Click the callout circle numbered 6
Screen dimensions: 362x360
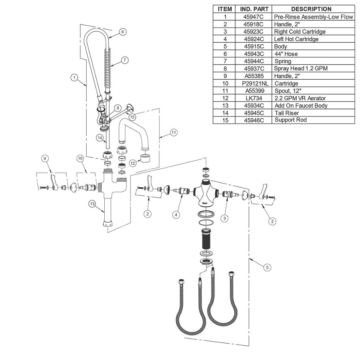(x=122, y=32)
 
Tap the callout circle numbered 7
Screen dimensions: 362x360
(x=124, y=60)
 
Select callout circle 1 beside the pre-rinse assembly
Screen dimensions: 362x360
(x=74, y=77)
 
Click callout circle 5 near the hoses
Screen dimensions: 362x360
(x=267, y=268)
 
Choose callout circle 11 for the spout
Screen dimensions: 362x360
(x=174, y=132)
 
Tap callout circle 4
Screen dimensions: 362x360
(x=176, y=215)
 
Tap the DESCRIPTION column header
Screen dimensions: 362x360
(x=311, y=9)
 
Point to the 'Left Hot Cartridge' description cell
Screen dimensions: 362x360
(x=296, y=39)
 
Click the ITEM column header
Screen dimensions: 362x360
(x=225, y=9)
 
